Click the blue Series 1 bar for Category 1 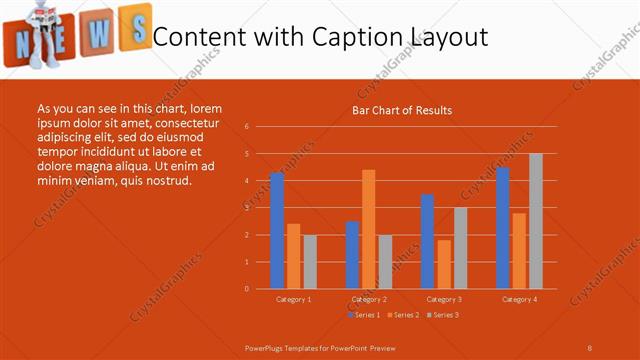point(277,231)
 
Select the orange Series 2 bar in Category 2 point(369,229)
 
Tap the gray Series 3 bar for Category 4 point(536,221)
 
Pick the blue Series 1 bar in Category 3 point(428,241)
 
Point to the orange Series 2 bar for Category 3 point(444,264)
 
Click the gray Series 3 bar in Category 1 point(310,262)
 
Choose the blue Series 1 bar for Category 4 point(503,228)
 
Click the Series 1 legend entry point(363,315)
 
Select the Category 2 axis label point(369,299)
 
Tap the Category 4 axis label point(519,299)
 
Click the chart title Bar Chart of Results point(402,110)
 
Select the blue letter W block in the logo point(98,32)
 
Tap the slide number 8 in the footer point(589,346)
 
